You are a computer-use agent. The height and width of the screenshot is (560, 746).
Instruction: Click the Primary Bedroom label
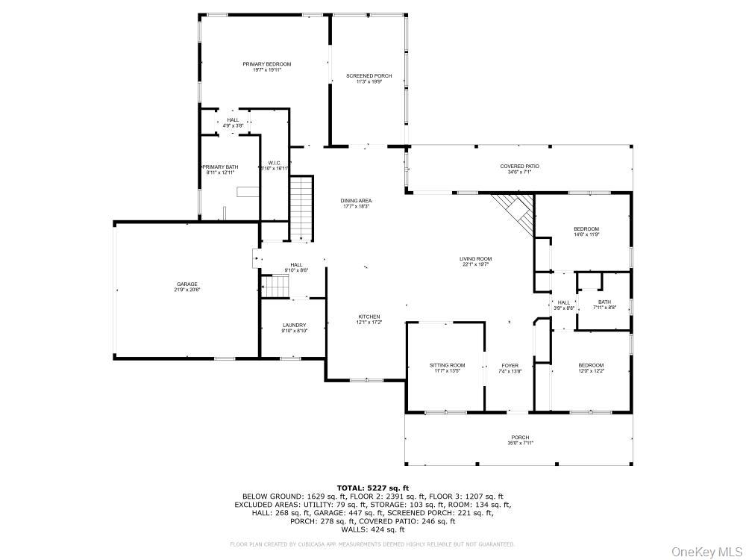coord(266,64)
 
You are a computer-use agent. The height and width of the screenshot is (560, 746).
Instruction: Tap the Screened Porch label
coord(369,76)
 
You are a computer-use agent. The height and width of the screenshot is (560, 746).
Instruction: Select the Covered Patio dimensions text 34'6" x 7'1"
coord(519,172)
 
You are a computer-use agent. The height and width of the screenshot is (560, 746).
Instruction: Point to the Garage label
coord(186,284)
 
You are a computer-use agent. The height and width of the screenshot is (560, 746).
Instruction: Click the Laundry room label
coord(294,325)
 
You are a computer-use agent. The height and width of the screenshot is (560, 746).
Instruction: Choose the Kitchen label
coord(369,317)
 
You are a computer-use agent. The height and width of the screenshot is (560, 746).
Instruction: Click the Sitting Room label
coord(447,365)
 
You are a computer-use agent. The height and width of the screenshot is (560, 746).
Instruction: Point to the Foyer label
coord(510,365)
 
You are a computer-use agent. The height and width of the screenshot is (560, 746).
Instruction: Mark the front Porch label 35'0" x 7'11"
coord(520,438)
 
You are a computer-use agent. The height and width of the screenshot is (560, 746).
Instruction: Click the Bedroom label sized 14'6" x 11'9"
coord(586,228)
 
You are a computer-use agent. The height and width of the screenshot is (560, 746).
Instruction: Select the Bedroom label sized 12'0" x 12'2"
coord(591,365)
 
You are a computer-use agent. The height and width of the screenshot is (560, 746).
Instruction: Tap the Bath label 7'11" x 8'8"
coord(604,302)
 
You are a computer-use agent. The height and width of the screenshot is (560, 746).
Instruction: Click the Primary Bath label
coord(221,167)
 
